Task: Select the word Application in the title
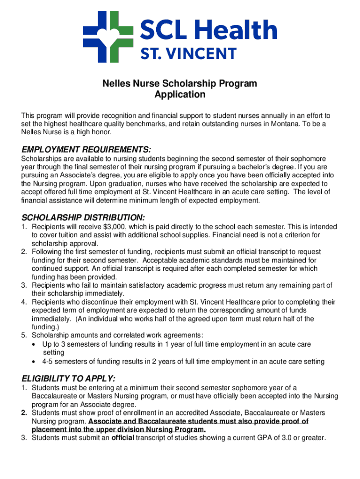coord(180,95)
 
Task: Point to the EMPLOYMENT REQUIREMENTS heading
coord(86,150)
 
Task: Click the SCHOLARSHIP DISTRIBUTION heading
coord(84,218)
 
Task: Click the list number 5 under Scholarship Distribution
coord(24,336)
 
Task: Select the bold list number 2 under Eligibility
coord(24,413)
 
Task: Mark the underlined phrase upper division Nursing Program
coord(154,430)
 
